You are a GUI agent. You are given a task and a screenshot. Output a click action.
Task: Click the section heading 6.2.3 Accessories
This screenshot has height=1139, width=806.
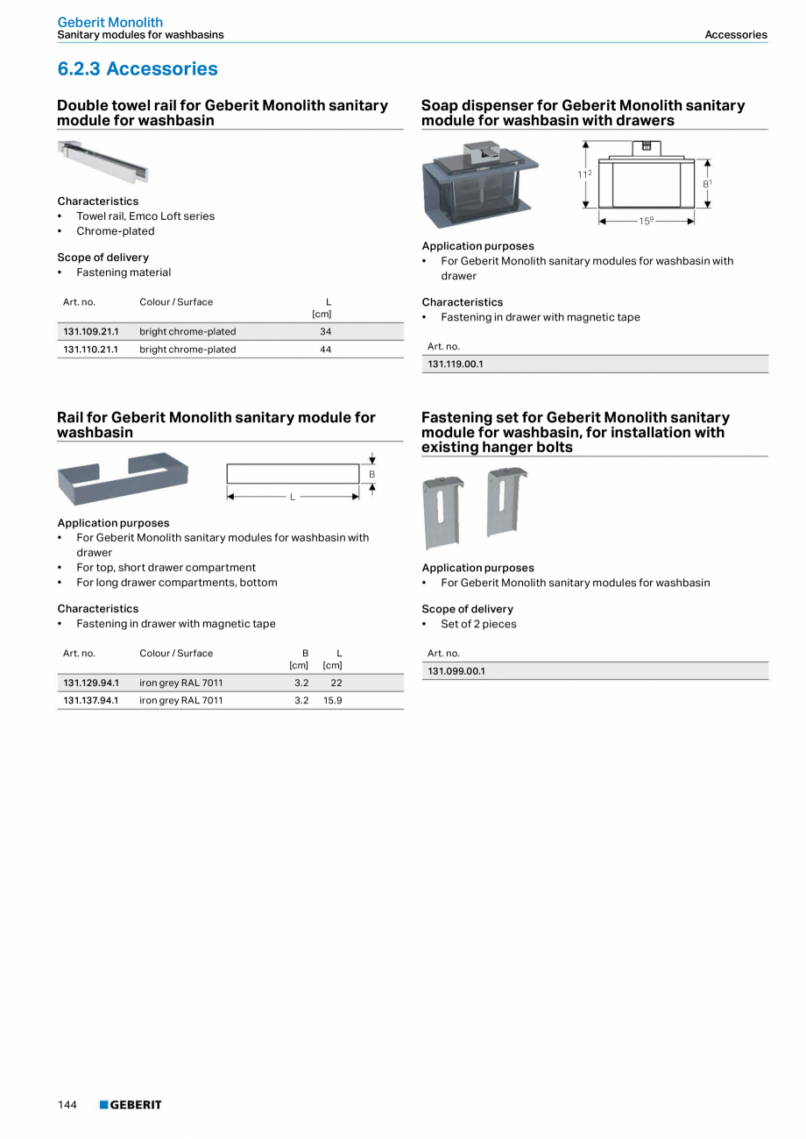138,68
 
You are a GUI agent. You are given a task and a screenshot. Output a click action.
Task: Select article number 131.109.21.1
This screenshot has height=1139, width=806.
91,332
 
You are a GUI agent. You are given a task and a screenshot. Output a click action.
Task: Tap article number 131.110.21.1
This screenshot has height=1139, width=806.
91,350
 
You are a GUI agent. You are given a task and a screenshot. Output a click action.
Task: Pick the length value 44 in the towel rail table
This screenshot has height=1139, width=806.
325,350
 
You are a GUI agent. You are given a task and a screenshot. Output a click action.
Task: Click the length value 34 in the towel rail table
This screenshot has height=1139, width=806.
325,332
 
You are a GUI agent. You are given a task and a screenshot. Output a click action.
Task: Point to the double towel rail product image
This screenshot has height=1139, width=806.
103,161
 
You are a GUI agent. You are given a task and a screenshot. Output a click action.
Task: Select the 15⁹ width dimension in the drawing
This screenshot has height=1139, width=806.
646,222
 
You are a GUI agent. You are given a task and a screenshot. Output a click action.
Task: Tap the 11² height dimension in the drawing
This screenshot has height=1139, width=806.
583,174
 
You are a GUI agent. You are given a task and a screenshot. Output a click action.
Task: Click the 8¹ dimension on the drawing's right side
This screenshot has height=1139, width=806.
707,183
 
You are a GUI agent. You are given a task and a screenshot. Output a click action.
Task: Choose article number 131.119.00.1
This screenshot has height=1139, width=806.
456,364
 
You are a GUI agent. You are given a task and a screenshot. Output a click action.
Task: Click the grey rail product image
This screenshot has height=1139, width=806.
123,478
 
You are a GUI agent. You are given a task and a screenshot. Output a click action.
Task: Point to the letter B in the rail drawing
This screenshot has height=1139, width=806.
372,474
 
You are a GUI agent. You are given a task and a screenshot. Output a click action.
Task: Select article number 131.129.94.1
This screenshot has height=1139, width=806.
91,683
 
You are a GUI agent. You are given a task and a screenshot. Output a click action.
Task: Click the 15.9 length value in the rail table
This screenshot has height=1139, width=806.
332,700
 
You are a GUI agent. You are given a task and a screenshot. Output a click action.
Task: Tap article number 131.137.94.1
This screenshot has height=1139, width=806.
91,700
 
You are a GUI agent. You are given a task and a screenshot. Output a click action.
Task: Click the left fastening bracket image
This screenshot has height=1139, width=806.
443,512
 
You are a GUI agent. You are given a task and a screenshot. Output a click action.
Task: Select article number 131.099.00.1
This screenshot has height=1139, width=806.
456,671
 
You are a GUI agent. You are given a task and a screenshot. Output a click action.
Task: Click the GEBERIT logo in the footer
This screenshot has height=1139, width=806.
131,1105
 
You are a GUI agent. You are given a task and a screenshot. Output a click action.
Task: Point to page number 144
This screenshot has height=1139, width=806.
67,1105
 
